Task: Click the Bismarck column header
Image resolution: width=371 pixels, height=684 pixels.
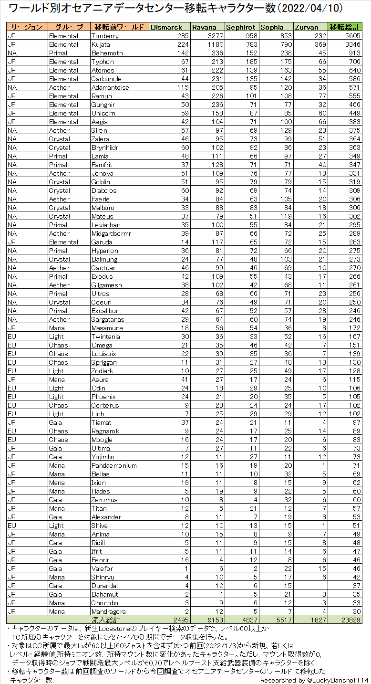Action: coord(166,27)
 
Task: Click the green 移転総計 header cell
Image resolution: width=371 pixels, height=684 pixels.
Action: coord(345,27)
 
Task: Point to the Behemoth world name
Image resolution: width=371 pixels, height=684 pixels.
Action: coord(107,53)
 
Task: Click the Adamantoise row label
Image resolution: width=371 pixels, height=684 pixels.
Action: coord(110,87)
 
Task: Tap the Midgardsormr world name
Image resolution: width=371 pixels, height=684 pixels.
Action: coord(111,233)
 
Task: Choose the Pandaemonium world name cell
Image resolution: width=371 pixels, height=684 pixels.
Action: coord(114,465)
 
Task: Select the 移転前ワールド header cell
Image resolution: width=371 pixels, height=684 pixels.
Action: coord(119,27)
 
